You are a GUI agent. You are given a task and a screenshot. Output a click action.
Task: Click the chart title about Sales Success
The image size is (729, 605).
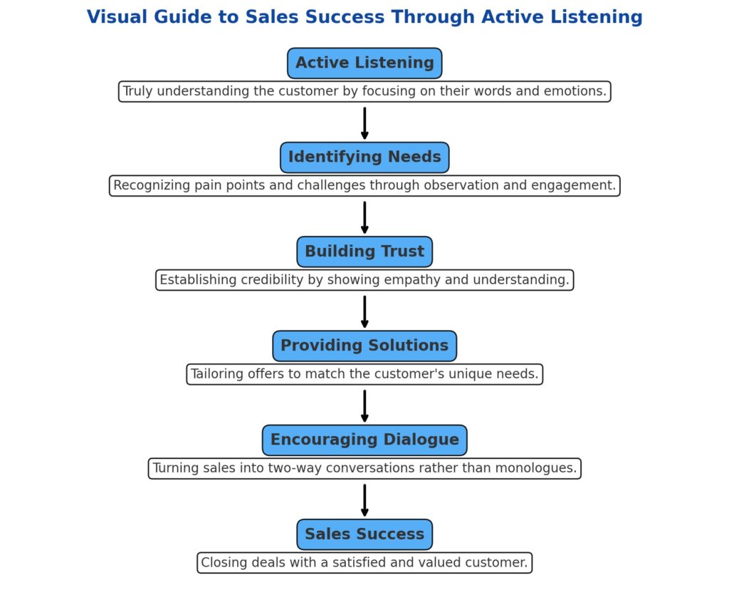364,17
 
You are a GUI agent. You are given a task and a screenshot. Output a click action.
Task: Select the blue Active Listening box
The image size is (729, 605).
364,63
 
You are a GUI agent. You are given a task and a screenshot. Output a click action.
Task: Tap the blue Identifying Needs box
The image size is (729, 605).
364,157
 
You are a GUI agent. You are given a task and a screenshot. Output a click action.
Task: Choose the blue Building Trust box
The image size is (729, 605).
364,252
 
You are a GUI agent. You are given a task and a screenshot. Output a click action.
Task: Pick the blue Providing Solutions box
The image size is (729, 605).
364,346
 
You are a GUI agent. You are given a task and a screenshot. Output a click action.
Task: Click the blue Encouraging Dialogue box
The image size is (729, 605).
364,440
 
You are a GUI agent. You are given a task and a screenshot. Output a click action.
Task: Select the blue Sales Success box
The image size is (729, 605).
364,534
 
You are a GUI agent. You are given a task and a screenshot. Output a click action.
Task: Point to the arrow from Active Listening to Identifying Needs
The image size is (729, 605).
364,123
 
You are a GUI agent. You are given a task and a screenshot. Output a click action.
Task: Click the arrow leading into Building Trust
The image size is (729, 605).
364,217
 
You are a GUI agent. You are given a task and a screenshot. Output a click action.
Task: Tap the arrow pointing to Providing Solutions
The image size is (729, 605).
364,311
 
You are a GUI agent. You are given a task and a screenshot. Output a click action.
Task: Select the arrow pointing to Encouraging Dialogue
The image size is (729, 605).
364,406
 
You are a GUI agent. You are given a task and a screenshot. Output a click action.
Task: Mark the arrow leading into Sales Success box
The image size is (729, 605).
364,500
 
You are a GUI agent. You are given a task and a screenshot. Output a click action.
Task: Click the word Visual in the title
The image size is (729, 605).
112,17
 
